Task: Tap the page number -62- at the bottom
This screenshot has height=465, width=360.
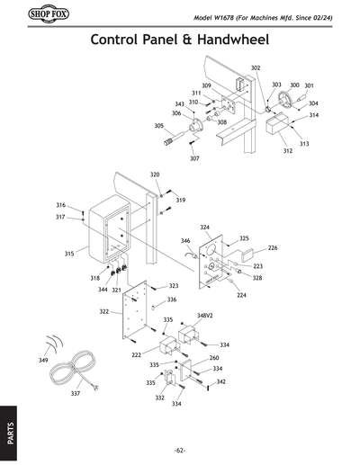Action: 180,450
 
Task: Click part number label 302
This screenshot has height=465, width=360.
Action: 256,68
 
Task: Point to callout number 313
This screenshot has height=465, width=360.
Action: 303,144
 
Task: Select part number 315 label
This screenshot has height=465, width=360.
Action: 68,255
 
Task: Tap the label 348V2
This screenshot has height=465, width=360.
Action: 205,317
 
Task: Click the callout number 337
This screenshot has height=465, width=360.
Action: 75,393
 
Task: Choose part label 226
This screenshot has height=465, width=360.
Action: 273,247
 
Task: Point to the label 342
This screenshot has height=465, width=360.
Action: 220,382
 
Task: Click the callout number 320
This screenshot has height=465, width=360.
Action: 155,174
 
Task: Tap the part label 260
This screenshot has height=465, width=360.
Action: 214,358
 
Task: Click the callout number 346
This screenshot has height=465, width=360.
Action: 185,241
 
